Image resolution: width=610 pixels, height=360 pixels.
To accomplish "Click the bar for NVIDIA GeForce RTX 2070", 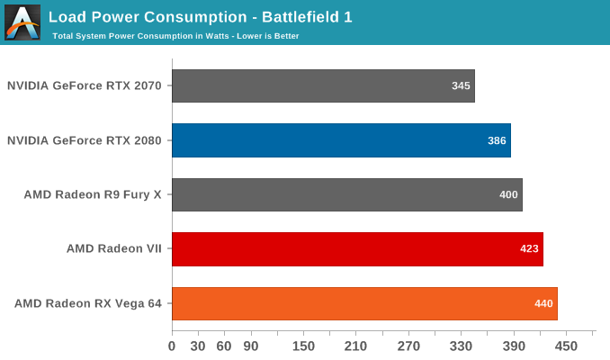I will point(323,86).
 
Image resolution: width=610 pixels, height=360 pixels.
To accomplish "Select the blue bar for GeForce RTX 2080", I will point(341,140).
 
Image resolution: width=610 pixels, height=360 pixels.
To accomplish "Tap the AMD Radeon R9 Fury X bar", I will point(347,194).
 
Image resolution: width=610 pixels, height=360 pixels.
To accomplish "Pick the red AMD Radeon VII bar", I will point(357,249).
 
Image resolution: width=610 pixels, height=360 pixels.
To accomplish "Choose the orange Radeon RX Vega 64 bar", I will point(364,303).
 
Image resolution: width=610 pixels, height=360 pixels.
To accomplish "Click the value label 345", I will point(461,86).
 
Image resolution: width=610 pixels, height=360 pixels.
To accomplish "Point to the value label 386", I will point(497,140).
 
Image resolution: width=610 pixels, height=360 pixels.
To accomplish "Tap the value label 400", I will point(508,195).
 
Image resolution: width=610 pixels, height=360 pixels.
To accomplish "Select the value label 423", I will point(529,249).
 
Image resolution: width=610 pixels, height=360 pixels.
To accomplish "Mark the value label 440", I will point(543,303).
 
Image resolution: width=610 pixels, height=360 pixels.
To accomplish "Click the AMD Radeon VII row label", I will point(113,249).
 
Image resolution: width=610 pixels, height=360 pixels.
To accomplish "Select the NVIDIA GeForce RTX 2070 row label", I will point(85,86).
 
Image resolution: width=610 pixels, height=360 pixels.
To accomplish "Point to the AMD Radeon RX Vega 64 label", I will point(88,303).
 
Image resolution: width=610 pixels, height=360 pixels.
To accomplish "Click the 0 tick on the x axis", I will point(172,345).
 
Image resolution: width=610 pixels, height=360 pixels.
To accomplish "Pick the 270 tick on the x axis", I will point(408,345).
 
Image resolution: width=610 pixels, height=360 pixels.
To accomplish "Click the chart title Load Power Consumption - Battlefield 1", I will point(180,16).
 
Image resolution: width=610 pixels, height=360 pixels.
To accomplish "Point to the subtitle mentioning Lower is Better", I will point(176,36).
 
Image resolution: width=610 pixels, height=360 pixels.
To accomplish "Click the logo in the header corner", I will point(22,22).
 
